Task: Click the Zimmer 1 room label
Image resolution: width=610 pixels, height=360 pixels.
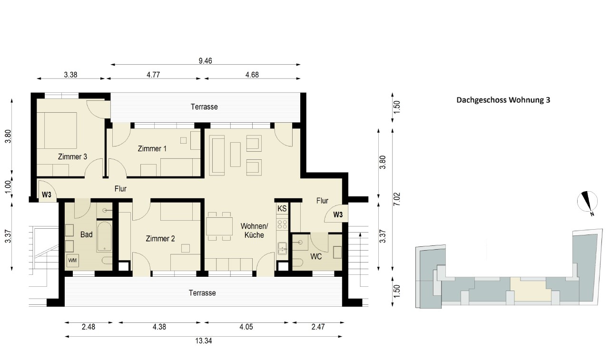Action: [x=152, y=149]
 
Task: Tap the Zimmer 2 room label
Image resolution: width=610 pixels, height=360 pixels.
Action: [x=160, y=239]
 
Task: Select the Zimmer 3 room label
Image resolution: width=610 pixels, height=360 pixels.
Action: [x=72, y=157]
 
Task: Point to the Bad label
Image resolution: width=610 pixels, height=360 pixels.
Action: [x=86, y=234]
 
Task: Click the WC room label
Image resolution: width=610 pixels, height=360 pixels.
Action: [x=316, y=256]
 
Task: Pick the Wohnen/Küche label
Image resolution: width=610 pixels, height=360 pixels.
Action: [x=254, y=231]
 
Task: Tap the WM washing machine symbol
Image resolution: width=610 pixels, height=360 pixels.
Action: [x=72, y=261]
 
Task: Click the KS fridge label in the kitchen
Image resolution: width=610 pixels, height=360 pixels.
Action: [x=282, y=208]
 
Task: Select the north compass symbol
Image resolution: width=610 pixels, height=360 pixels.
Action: [x=587, y=203]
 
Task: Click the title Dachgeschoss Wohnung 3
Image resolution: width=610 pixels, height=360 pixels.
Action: [x=503, y=100]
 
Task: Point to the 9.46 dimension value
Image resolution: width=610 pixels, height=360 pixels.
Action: [x=206, y=61]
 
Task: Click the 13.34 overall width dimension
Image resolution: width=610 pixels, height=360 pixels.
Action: [x=204, y=341]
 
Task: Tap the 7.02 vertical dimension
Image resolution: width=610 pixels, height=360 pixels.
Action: [x=397, y=199]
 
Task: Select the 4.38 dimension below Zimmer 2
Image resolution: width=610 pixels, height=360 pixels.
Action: [x=159, y=327]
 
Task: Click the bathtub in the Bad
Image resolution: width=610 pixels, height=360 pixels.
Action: [x=104, y=237]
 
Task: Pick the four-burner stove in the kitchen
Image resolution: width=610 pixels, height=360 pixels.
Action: [x=282, y=224]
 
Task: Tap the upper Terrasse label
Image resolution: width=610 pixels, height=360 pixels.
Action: [x=204, y=107]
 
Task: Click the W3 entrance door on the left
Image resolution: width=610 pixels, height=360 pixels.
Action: [x=47, y=191]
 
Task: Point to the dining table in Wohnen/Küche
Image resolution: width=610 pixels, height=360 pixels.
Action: [x=219, y=226]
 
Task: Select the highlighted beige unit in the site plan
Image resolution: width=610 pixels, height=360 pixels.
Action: [x=530, y=290]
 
